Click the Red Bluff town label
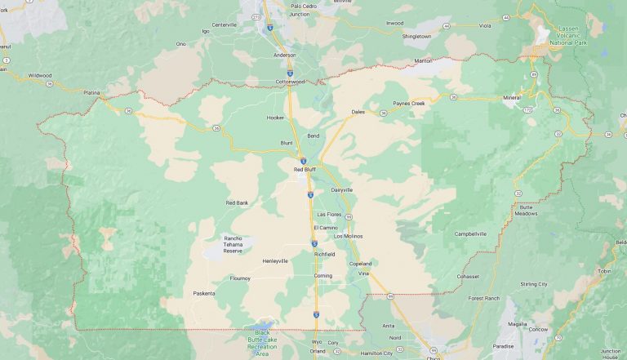coord(305,170)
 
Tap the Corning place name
coord(323,276)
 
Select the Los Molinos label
coord(349,236)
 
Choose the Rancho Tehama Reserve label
coord(233,245)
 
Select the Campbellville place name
coord(470,233)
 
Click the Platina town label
coord(91,92)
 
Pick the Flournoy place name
coord(240,278)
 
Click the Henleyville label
coord(274,261)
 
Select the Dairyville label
coord(342,189)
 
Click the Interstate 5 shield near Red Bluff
coord(303,162)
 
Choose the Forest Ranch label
coord(483,299)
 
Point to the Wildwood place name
coord(39,75)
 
